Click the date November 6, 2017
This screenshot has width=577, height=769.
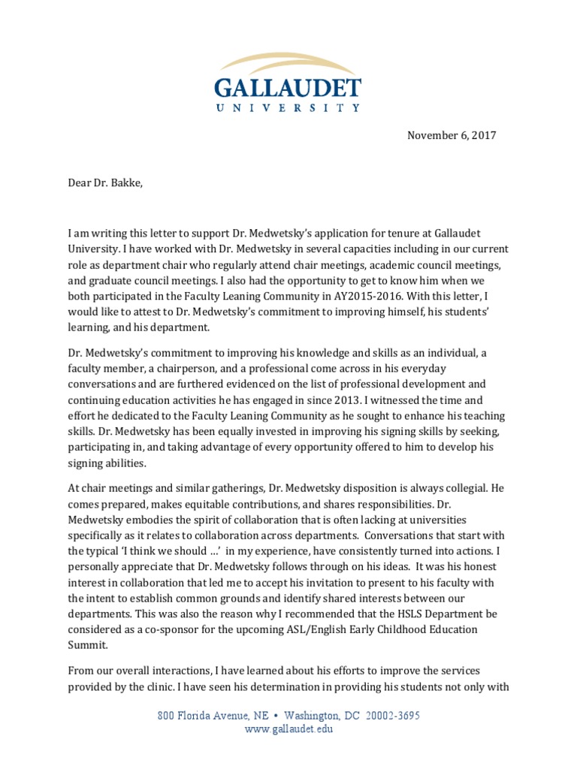452,136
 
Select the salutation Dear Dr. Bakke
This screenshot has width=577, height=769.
104,181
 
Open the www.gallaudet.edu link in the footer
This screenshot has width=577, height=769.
288,729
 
